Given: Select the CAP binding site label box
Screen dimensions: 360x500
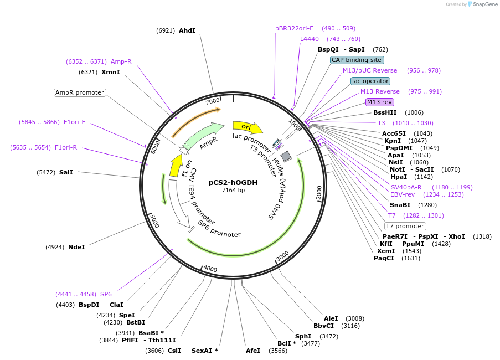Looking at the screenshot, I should pos(357,60).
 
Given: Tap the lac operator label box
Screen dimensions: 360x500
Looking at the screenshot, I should pos(370,81).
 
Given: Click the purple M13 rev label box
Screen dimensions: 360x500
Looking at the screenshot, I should pos(379,102).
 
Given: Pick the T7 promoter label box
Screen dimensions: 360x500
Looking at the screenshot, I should pos(405,226).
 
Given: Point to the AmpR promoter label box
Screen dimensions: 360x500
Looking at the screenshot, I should pos(80,92).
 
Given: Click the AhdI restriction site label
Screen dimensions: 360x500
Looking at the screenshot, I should pos(187,30).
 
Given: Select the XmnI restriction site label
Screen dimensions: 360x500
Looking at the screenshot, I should pos(110,72).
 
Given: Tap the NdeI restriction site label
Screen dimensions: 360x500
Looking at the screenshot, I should pos(76,247).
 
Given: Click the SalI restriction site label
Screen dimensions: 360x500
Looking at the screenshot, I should pos(66,172).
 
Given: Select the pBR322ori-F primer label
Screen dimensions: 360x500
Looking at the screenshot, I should pos(294,28).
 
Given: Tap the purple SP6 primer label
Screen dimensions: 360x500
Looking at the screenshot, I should pos(106,294).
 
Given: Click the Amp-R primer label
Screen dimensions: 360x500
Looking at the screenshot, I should pos(121,61).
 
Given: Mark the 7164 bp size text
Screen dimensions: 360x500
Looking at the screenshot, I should pos(233,190).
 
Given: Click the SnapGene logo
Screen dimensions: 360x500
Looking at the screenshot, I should pos(480,4).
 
